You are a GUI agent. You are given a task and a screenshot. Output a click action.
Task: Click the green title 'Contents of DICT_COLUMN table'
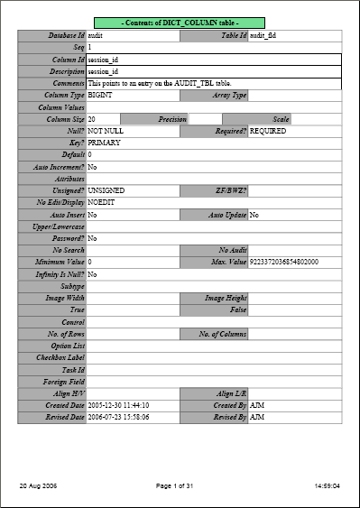click(x=180, y=21)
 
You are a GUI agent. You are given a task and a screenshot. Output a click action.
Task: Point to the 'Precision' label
click(x=171, y=119)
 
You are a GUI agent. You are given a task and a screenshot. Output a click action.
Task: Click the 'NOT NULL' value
click(x=106, y=131)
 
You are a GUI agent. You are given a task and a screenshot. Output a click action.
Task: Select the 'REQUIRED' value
click(x=268, y=131)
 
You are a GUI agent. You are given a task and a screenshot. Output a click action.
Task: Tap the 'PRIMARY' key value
click(x=105, y=143)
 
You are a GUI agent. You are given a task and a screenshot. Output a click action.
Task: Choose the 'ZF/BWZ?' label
click(x=230, y=191)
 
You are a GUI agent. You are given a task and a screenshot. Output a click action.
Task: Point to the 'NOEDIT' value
click(x=102, y=203)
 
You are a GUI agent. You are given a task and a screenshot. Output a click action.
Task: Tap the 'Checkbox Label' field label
click(x=60, y=357)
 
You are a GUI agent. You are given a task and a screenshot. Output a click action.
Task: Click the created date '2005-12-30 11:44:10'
click(x=118, y=405)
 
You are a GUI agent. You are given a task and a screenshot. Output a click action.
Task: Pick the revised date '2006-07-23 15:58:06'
click(x=118, y=417)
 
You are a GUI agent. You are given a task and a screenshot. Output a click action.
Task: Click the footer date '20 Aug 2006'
click(x=38, y=486)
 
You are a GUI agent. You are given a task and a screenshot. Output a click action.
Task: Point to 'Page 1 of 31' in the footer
click(x=179, y=486)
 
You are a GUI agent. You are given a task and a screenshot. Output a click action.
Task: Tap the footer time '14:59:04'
click(x=326, y=486)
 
